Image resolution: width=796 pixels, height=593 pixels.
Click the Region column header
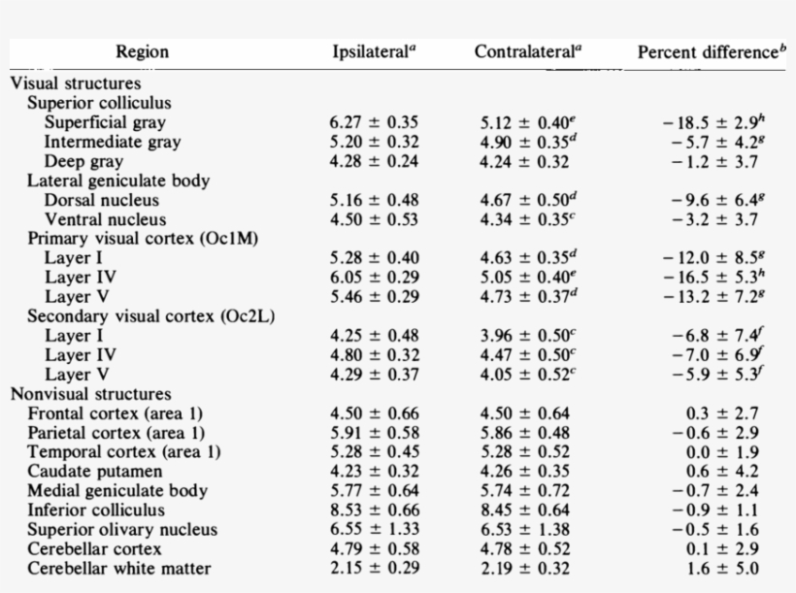coord(142,52)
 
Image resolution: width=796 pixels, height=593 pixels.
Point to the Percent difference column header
coord(712,52)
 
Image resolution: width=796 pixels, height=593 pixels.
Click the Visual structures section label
coord(75,83)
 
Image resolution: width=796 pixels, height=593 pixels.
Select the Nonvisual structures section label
coord(90,394)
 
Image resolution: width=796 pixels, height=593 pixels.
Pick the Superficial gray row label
coord(105,122)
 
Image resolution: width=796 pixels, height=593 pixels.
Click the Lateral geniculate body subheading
coord(118,181)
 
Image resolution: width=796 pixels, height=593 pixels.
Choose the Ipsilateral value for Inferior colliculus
coord(374,511)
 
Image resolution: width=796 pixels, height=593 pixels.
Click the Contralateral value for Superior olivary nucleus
coord(525,530)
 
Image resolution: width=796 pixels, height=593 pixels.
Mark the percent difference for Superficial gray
coord(715,122)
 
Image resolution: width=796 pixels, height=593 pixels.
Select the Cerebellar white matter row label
coord(118,569)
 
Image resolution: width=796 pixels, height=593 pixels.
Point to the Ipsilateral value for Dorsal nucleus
coord(374,200)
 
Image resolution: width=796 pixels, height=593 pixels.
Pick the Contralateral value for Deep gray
coord(525,161)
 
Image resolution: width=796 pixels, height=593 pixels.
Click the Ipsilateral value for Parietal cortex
coord(374,433)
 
